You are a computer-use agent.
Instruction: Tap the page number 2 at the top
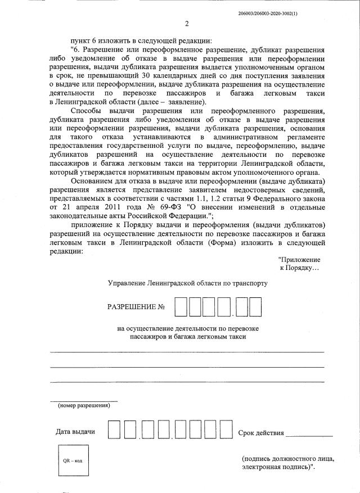[x=186, y=24]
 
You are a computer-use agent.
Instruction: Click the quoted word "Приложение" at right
[x=299, y=260]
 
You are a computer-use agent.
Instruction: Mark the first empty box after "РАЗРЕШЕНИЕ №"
[x=181, y=307]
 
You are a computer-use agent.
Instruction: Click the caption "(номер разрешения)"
[x=84, y=405]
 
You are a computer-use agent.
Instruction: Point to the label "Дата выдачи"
[x=75, y=432]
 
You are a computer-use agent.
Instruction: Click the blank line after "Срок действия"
[x=309, y=434]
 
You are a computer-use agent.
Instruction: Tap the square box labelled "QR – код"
[x=72, y=461]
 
